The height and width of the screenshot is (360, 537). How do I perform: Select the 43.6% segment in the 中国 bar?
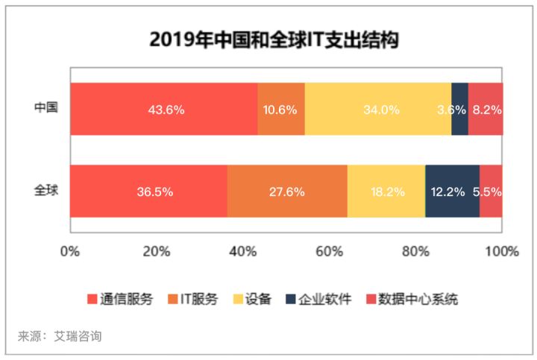[163, 109]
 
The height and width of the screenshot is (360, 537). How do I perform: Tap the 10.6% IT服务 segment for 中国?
[281, 109]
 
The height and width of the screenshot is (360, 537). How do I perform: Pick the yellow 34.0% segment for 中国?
[378, 109]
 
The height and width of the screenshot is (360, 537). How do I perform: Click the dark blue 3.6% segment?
[459, 109]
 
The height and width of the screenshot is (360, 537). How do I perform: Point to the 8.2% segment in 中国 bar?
[486, 109]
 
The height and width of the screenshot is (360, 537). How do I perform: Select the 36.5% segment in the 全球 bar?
[148, 192]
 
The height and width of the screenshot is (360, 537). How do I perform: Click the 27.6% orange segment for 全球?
[287, 192]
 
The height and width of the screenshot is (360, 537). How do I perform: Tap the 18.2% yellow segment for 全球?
[386, 192]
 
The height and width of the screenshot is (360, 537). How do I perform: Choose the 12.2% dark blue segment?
[452, 192]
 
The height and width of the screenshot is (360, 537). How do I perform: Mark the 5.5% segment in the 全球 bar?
[491, 192]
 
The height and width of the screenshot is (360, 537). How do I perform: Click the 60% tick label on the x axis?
[329, 250]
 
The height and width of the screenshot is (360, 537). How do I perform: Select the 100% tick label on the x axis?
[501, 250]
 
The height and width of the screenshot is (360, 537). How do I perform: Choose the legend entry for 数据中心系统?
[411, 300]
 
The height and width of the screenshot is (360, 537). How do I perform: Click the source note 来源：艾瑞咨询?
[60, 336]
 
